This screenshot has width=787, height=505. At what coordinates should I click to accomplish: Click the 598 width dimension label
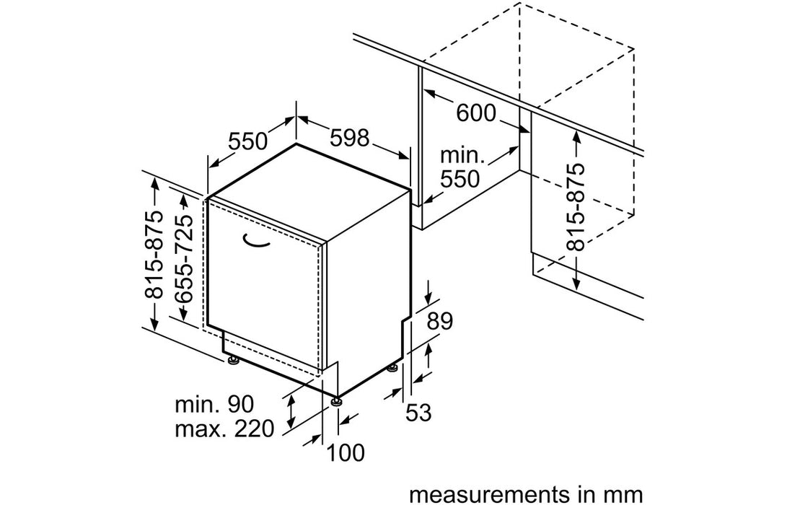(x=350, y=139)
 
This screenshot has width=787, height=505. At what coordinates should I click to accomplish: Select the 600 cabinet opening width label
(x=475, y=113)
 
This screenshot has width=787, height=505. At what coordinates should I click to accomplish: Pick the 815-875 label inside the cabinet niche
(x=576, y=206)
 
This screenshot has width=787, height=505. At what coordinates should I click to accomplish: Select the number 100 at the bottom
(x=346, y=452)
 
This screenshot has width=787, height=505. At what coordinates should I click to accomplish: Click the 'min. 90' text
(x=214, y=403)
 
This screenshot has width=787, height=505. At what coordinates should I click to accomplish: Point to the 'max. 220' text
(x=224, y=430)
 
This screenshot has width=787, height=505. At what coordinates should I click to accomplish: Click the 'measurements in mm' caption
(x=524, y=494)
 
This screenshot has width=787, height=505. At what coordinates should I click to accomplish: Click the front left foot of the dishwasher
(x=233, y=361)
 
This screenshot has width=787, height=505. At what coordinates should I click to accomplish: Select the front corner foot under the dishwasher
(x=337, y=400)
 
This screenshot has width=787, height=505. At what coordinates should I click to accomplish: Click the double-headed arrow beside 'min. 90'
(x=291, y=411)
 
